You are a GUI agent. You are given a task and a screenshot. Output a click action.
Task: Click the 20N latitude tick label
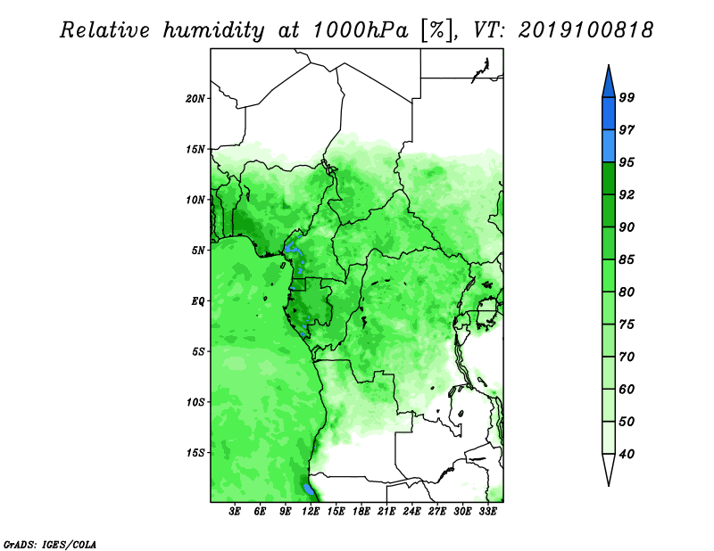tap(195, 99)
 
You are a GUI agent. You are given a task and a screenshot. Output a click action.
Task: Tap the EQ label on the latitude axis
tap(197, 301)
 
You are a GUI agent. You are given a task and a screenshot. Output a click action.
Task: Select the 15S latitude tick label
tap(195, 453)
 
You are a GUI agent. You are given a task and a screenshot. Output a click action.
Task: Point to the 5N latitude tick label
tap(198, 251)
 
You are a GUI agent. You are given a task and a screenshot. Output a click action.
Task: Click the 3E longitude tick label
tap(235, 512)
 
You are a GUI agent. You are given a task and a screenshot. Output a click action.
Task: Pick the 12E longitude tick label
tap(310, 512)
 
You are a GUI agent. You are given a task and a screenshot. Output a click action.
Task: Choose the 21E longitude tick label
tap(386, 512)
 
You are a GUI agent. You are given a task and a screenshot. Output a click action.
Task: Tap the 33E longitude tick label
tap(487, 512)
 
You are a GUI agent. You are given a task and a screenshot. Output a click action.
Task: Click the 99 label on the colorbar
tap(627, 97)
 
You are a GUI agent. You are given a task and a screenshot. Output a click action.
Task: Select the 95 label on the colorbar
tap(627, 162)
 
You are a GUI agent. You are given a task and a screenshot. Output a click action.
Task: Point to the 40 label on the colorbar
tap(627, 454)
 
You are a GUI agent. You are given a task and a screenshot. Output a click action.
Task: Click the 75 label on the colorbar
tap(627, 325)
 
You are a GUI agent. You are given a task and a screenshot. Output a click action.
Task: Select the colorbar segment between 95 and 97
tap(609, 146)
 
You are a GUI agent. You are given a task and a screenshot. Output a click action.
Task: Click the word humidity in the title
tap(213, 30)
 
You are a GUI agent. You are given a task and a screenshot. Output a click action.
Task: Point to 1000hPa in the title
tap(361, 30)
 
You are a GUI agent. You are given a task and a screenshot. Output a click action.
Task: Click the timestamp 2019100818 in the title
tap(585, 30)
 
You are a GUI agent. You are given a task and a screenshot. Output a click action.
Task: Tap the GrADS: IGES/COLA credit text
tap(50, 544)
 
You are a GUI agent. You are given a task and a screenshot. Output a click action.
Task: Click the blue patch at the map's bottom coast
tap(308, 489)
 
